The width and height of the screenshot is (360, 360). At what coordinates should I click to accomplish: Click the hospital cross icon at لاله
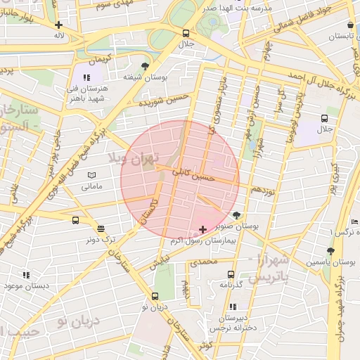pos(59,24)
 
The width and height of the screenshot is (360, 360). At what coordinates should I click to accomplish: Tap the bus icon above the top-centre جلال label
pos(186,33)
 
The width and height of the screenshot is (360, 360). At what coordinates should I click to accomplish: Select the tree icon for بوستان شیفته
pos(146,65)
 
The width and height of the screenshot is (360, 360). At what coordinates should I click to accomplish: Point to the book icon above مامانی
pos(91,175)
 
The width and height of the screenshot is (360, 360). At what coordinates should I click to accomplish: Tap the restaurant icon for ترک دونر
pos(101,229)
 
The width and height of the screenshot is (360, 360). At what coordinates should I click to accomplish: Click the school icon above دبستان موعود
pos(26,276)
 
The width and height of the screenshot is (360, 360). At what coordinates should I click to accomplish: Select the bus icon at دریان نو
pos(155,296)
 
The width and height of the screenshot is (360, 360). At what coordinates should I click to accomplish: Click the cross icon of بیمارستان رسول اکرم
pos(203,229)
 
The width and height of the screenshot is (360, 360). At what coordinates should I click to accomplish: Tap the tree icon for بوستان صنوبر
pos(236,216)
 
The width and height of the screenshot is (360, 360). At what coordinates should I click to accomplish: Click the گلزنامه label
pos(231,285)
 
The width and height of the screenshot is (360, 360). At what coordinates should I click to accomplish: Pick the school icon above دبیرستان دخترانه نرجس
pos(232,307)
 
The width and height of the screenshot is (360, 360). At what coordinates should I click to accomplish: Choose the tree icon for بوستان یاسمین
pos(330,250)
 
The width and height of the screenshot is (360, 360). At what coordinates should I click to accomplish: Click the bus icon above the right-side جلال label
pos(324,118)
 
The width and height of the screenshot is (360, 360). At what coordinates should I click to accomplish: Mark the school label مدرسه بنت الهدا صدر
pos(229,8)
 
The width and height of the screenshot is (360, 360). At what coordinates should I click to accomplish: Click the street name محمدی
pos(203,262)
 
